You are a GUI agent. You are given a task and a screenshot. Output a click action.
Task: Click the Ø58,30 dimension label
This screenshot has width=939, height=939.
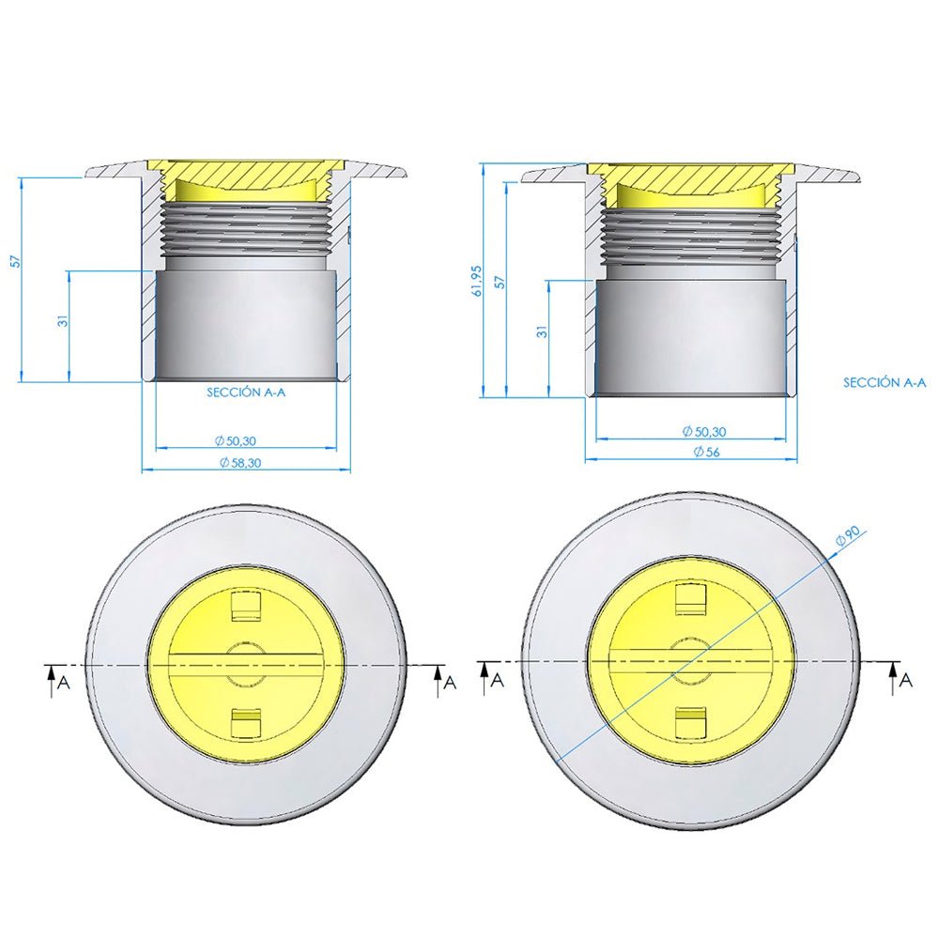[240, 462]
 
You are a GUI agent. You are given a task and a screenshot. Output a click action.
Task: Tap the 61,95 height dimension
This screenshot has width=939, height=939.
[479, 280]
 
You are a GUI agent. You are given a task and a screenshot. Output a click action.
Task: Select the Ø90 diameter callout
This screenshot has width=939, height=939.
[848, 536]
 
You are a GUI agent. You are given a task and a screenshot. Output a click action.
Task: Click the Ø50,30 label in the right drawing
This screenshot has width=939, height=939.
[704, 431]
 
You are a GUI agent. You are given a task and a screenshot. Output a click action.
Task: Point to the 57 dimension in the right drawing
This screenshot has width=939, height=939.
[500, 282]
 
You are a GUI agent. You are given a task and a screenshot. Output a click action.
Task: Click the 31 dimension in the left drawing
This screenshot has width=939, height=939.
[63, 320]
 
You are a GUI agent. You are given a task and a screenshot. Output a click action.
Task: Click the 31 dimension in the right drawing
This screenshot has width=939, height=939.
[542, 331]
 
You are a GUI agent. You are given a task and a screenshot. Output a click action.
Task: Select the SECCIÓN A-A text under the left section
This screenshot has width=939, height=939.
[246, 393]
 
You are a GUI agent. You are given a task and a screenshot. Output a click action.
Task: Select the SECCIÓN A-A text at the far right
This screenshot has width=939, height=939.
[885, 382]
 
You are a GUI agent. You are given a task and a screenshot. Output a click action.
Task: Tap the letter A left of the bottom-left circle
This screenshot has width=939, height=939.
[63, 683]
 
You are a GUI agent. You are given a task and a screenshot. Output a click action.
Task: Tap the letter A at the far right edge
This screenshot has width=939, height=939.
[906, 681]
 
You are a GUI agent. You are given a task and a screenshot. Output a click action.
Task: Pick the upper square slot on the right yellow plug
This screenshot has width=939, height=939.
[691, 597]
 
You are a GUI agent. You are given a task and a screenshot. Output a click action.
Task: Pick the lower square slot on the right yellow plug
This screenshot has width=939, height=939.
[691, 720]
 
